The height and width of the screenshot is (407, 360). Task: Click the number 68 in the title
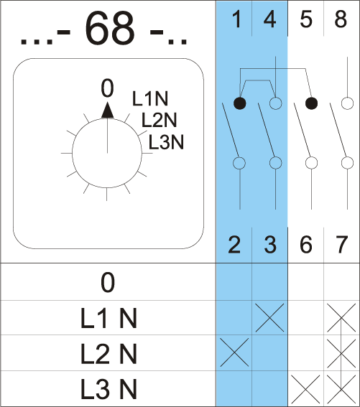click(x=110, y=28)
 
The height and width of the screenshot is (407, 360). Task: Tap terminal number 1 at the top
click(x=237, y=19)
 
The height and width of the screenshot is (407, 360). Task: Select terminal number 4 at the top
click(x=269, y=19)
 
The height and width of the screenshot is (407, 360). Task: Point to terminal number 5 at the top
click(x=306, y=19)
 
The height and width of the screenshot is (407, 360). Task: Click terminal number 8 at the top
click(x=341, y=19)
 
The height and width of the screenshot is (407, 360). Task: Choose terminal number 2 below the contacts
click(x=234, y=244)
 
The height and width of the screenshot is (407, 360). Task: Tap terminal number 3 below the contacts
click(x=270, y=244)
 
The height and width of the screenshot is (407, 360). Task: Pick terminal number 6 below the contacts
click(x=306, y=244)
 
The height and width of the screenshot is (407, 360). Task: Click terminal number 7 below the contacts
click(x=341, y=244)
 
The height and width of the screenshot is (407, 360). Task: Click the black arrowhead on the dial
click(x=107, y=111)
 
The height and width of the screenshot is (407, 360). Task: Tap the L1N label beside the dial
click(x=150, y=98)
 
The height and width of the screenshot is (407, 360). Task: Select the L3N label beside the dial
click(x=166, y=142)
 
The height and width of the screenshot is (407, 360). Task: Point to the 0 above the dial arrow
click(x=107, y=88)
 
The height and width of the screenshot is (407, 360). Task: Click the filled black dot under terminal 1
click(x=240, y=103)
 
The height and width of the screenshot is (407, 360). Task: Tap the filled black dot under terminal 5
click(x=311, y=103)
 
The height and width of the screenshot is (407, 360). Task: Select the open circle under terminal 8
click(x=347, y=103)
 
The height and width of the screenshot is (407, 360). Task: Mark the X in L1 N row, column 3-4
click(x=269, y=318)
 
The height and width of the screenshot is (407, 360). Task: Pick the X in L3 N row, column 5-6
click(x=305, y=389)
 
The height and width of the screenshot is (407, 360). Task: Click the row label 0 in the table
click(x=108, y=282)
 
